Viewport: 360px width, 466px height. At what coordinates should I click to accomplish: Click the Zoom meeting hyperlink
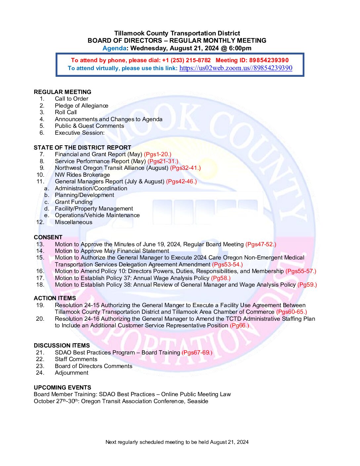click(236, 68)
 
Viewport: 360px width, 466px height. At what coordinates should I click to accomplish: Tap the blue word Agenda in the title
click(114, 48)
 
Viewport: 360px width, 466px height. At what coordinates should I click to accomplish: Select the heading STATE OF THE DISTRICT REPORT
click(82, 148)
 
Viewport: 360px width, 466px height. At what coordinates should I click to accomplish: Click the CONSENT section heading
click(48, 237)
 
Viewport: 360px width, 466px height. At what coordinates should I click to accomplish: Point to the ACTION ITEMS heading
click(55, 298)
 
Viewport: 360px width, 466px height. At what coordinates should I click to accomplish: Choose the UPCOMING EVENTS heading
click(63, 388)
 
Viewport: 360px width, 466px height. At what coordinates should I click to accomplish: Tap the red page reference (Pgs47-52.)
click(261, 244)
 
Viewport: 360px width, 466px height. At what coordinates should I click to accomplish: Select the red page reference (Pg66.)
click(239, 325)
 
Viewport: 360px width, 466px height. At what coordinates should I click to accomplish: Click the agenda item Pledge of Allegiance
click(81, 106)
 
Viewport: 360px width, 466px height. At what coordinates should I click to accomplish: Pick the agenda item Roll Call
click(66, 112)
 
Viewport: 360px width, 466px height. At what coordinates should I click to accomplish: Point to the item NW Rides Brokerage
click(82, 175)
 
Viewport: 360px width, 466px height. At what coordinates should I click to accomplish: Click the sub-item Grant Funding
click(74, 202)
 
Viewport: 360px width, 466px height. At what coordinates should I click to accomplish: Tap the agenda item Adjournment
click(71, 373)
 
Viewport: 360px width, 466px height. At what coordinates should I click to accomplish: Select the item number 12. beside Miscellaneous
click(40, 222)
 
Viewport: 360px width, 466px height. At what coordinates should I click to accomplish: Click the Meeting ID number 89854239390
click(269, 60)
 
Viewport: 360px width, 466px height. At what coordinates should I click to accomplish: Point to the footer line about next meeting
click(177, 442)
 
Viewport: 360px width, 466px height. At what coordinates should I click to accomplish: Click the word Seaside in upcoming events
click(198, 401)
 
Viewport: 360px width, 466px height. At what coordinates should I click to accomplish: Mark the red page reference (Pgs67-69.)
click(197, 352)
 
